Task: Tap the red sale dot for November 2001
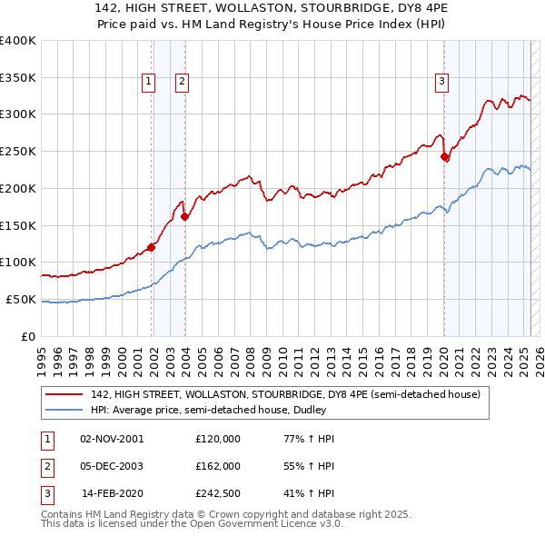[x=152, y=246]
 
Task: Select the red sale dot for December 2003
[x=184, y=216]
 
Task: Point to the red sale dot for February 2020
[x=444, y=156]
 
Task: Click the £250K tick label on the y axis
[x=18, y=151]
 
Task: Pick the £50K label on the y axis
[x=21, y=299]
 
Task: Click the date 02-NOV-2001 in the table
[x=112, y=439]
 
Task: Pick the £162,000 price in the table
[x=218, y=465]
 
